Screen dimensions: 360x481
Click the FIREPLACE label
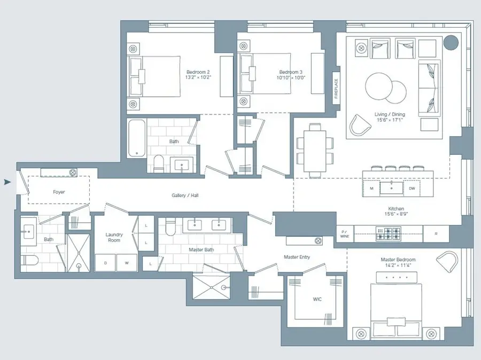coord(337,88)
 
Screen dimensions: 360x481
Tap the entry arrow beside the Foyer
coord(7,182)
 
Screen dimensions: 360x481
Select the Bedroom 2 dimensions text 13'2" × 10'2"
coord(198,78)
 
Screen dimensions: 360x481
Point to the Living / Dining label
coord(390,114)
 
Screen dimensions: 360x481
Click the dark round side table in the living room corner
coord(452,42)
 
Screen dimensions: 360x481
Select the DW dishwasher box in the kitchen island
coord(412,189)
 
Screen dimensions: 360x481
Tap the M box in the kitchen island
coord(371,189)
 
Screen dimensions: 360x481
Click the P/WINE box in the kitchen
coord(344,233)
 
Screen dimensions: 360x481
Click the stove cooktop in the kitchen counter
coord(388,233)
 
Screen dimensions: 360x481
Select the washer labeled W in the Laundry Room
coord(127,263)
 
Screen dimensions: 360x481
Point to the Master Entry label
coord(297,257)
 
